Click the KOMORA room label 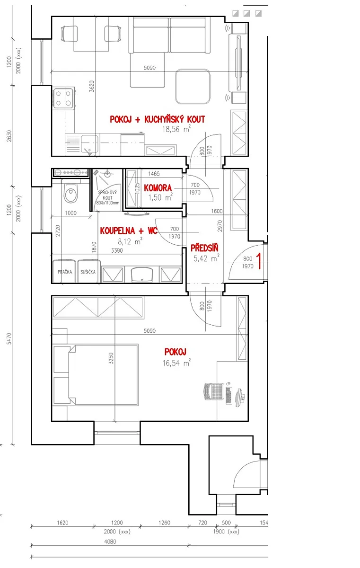[158, 188]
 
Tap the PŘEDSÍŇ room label [204, 248]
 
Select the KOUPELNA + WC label [129, 231]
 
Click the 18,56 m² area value [176, 129]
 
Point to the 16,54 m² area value [176, 363]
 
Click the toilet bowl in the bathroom [71, 194]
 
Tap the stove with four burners [64, 98]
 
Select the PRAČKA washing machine [64, 271]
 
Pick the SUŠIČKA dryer [88, 271]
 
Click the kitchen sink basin [90, 144]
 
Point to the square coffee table [193, 87]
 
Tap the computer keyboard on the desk [228, 395]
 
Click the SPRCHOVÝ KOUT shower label [108, 197]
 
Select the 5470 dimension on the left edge [9, 339]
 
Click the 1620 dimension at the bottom [62, 523]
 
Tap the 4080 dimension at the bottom [110, 541]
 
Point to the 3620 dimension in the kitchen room [92, 86]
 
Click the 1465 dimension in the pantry [154, 174]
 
